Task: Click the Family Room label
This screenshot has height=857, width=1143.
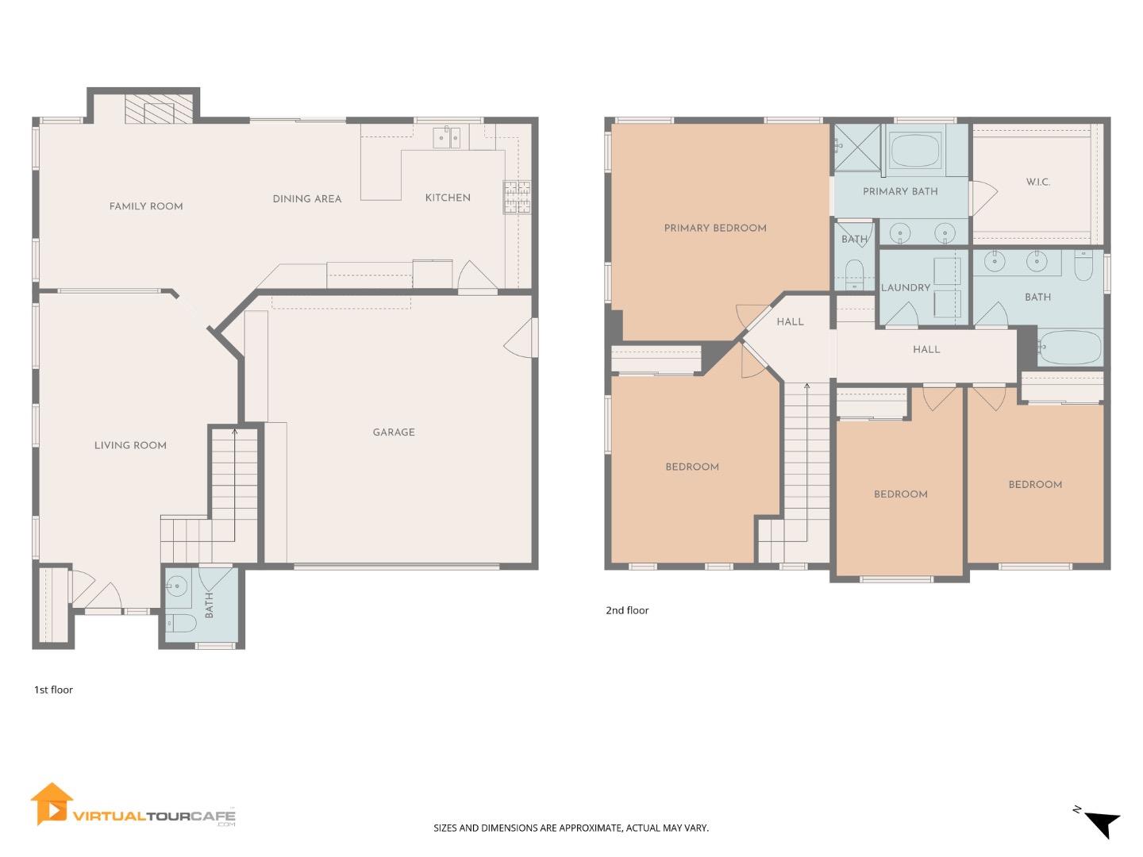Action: (146, 206)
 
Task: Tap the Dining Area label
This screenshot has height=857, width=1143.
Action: (307, 198)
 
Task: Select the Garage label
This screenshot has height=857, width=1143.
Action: (394, 432)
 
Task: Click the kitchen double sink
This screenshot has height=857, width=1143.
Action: (448, 138)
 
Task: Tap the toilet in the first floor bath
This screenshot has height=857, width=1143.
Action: (181, 623)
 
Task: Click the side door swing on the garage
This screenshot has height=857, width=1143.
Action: (521, 338)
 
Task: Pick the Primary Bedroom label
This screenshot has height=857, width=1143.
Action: (715, 228)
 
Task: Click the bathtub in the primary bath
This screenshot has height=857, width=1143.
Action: (914, 150)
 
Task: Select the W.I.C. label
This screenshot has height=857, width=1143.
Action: (1037, 182)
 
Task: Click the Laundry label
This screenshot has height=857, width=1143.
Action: (906, 287)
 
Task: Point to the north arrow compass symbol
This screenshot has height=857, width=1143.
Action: (1100, 822)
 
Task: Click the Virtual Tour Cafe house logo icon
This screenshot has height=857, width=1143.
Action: (52, 805)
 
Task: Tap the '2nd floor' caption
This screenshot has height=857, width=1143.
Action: (627, 610)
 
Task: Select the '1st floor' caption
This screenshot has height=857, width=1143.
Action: (53, 690)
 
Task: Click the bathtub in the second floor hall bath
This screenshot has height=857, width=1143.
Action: (1070, 348)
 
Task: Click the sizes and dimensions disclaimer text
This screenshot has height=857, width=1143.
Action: (571, 828)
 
